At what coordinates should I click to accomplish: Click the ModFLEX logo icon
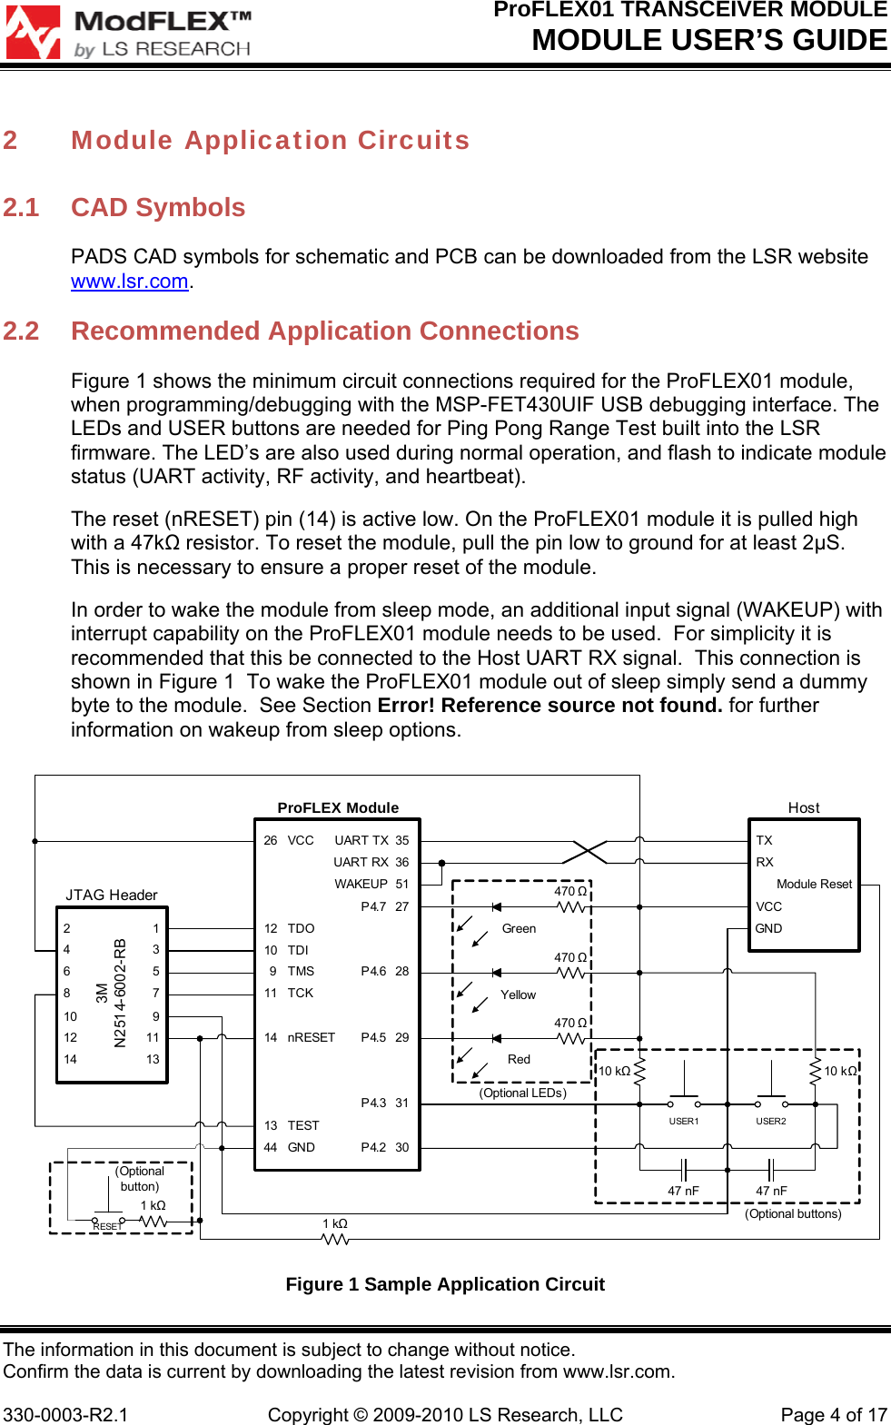[34, 33]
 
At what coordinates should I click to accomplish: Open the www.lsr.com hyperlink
[129, 282]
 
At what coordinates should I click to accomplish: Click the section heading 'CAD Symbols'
[158, 208]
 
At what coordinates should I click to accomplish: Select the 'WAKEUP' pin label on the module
[361, 884]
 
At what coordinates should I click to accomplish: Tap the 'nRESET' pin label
[311, 1037]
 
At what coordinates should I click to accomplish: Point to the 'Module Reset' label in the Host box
[814, 884]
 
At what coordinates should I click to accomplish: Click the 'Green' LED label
[519, 928]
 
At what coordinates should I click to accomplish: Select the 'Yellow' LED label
[518, 995]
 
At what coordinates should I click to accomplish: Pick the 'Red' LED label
[519, 1059]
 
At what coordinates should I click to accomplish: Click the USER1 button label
[683, 1122]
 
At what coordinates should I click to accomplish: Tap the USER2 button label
[770, 1122]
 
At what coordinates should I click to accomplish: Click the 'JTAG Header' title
[111, 896]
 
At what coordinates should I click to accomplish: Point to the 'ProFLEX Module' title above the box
[338, 807]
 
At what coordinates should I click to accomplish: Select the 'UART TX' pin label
[361, 840]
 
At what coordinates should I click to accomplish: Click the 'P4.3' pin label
[373, 1103]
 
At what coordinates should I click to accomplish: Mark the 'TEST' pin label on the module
[303, 1125]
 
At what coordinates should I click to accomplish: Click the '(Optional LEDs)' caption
[522, 1093]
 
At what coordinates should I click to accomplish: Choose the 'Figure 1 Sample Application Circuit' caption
[445, 1284]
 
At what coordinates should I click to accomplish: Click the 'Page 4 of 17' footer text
[833, 1415]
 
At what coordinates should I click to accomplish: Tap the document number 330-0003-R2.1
[65, 1415]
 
